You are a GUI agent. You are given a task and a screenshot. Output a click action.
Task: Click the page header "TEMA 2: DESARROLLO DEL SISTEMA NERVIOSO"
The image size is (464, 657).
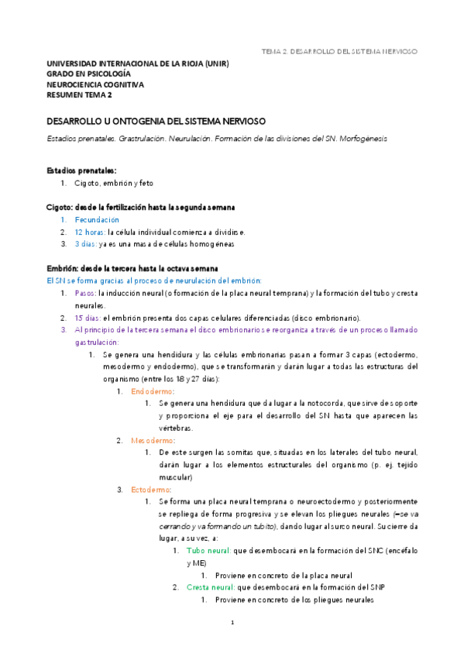pyautogui.click(x=340, y=51)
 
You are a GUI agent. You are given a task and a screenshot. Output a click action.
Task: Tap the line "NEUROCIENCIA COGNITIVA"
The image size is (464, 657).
pyautogui.click(x=95, y=84)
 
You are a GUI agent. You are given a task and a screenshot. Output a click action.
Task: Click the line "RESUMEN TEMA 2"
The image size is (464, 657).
pyautogui.click(x=79, y=95)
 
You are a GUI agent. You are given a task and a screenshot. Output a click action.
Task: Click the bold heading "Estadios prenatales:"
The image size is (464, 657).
pyautogui.click(x=81, y=170)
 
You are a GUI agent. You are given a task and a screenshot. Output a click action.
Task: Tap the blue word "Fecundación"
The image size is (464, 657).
pyautogui.click(x=97, y=220)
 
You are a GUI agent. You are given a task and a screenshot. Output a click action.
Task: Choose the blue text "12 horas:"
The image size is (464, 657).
pyautogui.click(x=90, y=232)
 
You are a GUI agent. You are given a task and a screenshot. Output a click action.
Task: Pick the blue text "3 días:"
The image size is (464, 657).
pyautogui.click(x=86, y=244)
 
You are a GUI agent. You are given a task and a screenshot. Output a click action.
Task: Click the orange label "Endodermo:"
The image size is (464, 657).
pyautogui.click(x=153, y=391)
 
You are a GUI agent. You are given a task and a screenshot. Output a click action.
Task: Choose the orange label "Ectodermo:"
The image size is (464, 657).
pyautogui.click(x=152, y=490)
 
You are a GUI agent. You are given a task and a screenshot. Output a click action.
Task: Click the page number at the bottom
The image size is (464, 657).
pyautogui.click(x=232, y=622)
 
